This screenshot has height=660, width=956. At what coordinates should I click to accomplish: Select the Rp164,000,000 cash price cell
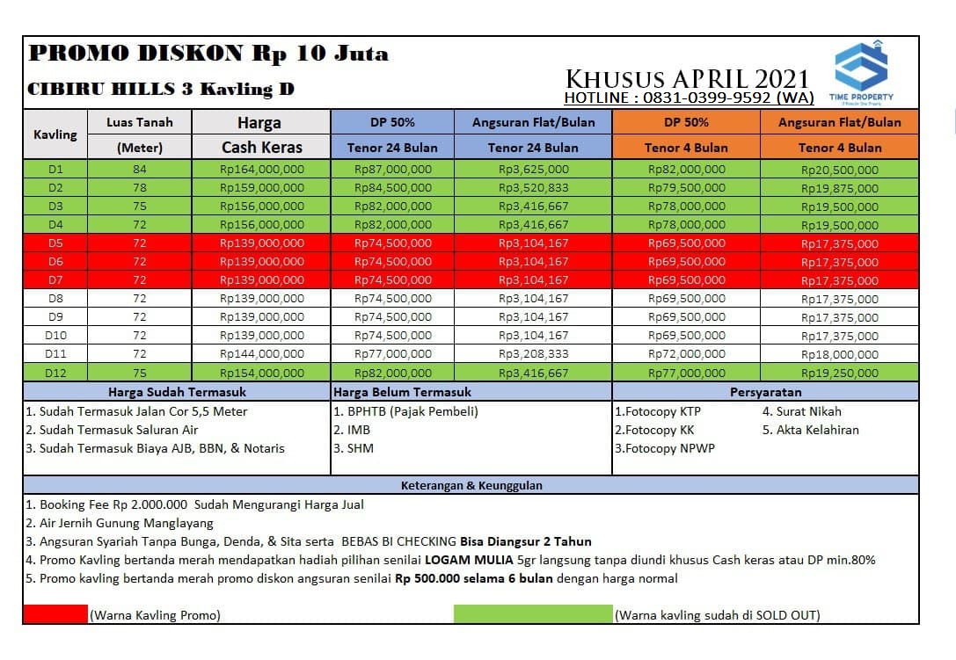pyautogui.click(x=262, y=169)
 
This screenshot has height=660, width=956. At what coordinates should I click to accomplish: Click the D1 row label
pyautogui.click(x=55, y=169)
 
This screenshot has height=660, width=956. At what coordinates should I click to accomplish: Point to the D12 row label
pyautogui.click(x=55, y=373)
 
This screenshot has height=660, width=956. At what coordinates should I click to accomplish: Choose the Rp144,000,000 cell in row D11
pyautogui.click(x=262, y=354)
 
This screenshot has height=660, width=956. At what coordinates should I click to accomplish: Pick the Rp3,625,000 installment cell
pyautogui.click(x=533, y=169)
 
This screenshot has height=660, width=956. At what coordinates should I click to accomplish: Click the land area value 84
pyautogui.click(x=139, y=169)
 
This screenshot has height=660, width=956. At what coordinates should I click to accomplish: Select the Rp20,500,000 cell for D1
pyautogui.click(x=839, y=170)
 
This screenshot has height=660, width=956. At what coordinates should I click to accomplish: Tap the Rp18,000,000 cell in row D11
pyautogui.click(x=839, y=354)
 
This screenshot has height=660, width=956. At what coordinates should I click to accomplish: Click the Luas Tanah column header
pyautogui.click(x=139, y=122)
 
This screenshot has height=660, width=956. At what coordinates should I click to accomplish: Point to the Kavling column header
pyautogui.click(x=55, y=134)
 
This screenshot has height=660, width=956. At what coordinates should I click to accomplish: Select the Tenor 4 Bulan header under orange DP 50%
pyautogui.click(x=686, y=148)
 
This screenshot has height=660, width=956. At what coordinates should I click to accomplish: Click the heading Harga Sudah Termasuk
pyautogui.click(x=177, y=392)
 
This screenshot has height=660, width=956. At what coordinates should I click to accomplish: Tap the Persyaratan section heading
pyautogui.click(x=764, y=392)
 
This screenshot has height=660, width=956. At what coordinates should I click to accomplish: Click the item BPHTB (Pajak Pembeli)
pyautogui.click(x=405, y=411)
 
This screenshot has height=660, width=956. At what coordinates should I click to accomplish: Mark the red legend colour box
pyautogui.click(x=55, y=614)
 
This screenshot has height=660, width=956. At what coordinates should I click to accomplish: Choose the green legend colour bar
pyautogui.click(x=532, y=614)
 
